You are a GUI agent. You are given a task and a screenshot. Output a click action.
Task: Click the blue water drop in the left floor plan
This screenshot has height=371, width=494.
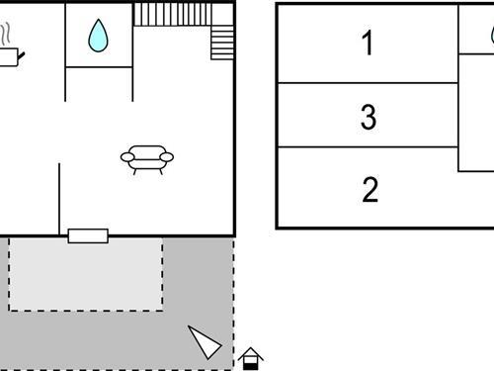pos(98,37)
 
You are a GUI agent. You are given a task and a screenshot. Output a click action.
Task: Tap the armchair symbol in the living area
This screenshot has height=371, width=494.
pos(146,158)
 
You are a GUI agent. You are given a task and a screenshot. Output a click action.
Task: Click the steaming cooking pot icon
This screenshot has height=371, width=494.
pos(8,51)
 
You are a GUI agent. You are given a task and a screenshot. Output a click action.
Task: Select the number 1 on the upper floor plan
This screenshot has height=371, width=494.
pos(369,44)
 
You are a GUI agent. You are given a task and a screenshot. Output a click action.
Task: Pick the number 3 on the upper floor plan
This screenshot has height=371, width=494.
pos(369,118)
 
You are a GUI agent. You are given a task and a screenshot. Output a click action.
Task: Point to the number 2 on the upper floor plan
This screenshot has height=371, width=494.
pos(370,189)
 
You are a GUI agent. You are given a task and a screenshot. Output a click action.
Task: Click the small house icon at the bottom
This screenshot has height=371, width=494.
pos(251,358)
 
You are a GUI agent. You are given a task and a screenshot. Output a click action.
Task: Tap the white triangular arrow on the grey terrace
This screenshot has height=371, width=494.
pos(206,342)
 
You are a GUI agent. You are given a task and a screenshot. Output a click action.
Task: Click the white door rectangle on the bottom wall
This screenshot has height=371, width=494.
pos(88,235)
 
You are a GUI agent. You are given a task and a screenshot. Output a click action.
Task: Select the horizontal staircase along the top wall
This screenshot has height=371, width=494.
pos(173,14)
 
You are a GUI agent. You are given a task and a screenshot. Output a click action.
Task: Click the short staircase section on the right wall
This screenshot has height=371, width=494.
pos(223,43)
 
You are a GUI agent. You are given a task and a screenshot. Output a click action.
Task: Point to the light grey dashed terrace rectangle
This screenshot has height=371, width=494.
pos(86,274)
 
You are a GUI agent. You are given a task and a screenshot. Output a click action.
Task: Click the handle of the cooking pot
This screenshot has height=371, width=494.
pos(22,52)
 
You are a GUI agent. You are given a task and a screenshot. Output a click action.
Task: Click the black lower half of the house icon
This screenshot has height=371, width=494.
pos(251,364)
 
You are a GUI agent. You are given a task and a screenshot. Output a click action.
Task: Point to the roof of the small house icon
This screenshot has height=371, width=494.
pos(251,352)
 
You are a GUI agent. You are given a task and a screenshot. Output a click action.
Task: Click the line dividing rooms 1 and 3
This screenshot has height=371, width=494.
pos(368,82)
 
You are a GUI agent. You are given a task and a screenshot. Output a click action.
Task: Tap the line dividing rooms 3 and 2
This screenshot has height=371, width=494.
pos(368,147)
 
